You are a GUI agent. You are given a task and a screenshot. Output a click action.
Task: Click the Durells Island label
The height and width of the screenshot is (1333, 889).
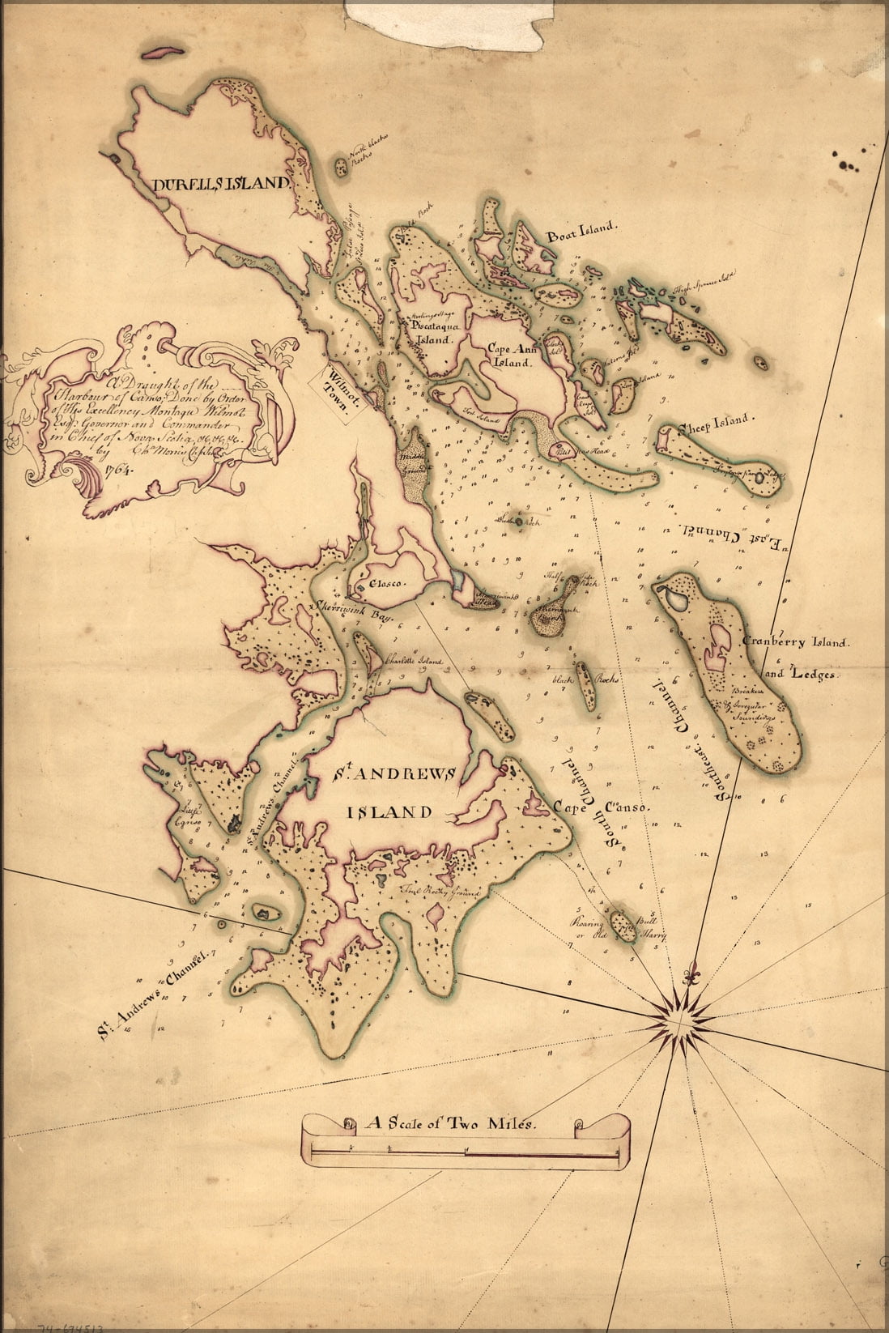pos(220,184)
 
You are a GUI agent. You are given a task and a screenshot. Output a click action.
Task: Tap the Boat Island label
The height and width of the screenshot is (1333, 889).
pos(581,236)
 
